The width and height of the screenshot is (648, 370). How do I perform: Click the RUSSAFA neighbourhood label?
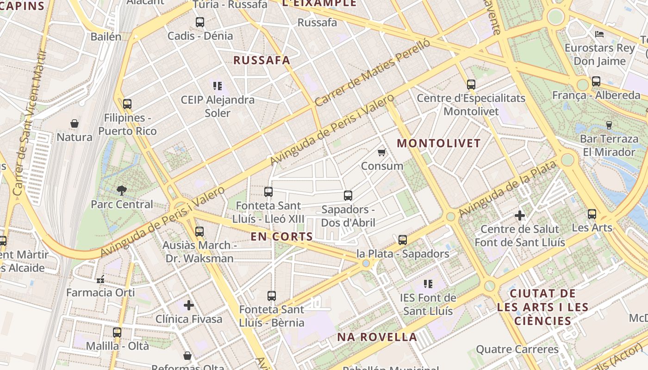tap(262, 60)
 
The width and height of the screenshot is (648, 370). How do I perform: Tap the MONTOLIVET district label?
tap(439, 143)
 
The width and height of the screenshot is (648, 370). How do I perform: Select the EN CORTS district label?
tap(282, 237)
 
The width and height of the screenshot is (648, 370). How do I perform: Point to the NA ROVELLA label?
tap(377, 337)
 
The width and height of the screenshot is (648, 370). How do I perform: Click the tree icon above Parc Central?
tap(121, 190)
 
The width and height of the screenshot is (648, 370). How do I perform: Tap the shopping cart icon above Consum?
tap(382, 152)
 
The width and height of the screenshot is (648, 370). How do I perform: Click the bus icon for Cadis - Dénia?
tap(200, 22)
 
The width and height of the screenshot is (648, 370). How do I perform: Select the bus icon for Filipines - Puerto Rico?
tap(127, 104)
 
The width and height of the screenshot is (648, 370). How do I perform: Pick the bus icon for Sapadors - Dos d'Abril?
tap(348, 196)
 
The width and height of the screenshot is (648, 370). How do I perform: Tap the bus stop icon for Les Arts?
tap(592, 214)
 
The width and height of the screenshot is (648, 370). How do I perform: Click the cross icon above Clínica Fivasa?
tap(188, 305)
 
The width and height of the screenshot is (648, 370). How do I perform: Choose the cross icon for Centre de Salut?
tap(520, 216)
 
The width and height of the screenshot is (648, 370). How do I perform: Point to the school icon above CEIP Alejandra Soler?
tap(218, 86)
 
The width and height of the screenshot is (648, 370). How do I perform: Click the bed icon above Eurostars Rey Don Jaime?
tap(599, 34)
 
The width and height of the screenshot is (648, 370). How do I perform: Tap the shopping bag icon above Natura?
tap(75, 123)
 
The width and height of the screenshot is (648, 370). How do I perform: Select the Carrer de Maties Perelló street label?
tap(372, 73)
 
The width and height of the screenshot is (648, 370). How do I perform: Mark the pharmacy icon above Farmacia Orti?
tap(100, 279)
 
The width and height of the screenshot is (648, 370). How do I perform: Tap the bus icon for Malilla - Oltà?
tap(117, 332)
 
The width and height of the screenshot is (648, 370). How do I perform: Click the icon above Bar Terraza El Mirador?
tap(609, 125)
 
